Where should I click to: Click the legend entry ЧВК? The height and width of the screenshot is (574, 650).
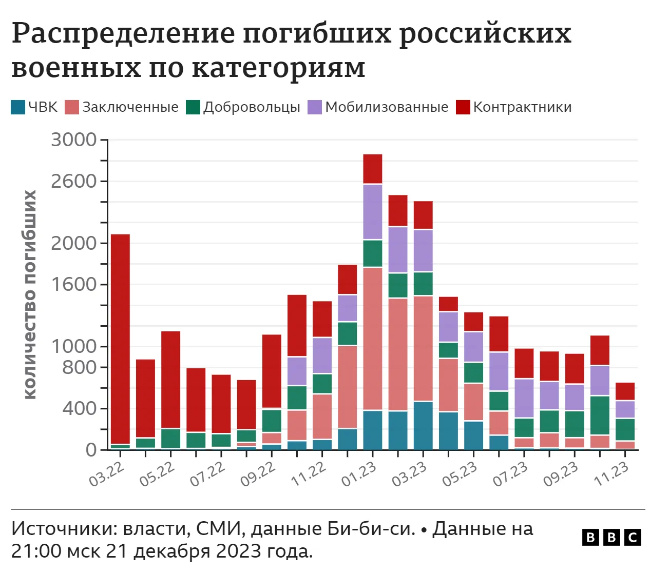[34, 107]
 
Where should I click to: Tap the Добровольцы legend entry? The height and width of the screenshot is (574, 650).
[243, 107]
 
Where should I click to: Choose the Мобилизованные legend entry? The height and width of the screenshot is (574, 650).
[378, 107]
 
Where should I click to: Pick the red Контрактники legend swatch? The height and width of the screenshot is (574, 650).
[463, 107]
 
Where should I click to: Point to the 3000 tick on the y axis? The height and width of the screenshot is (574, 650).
[74, 140]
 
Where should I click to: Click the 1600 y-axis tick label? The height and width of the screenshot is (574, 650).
[74, 284]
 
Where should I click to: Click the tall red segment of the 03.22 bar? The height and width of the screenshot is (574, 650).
[120, 339]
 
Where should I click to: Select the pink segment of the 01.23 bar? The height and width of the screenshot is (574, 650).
[372, 339]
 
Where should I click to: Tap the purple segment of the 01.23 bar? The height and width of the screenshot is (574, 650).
[372, 211]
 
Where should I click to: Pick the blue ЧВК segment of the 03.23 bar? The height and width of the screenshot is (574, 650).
[423, 426]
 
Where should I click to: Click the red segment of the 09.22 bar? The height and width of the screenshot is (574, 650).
[272, 371]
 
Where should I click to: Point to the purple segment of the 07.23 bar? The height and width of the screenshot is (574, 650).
[524, 398]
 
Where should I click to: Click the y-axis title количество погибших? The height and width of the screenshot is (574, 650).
[30, 294]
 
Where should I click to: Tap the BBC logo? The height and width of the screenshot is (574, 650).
[611, 537]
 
